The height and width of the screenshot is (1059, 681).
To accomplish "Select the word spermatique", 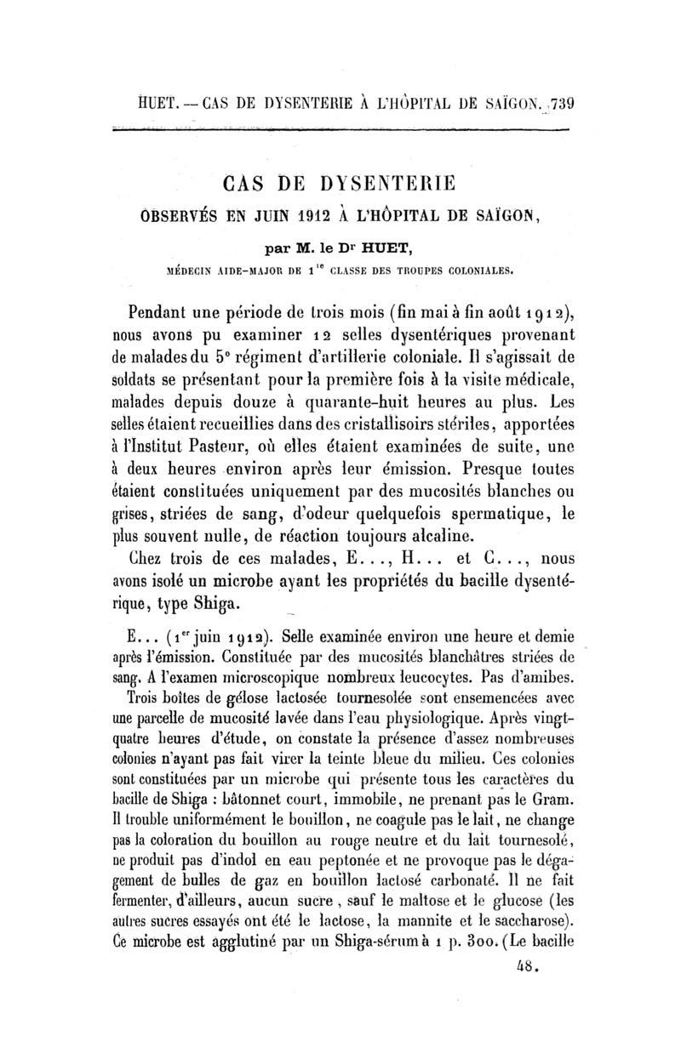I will (x=463, y=513).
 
